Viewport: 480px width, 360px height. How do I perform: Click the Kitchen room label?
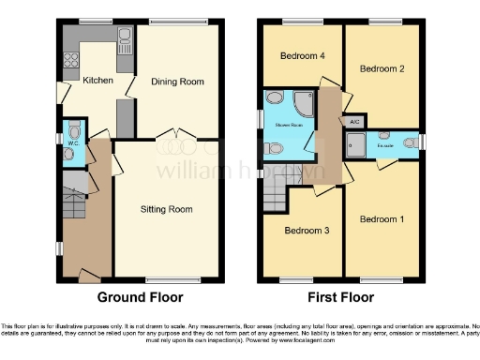pyautogui.click(x=97, y=81)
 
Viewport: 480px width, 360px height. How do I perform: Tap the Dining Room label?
pyautogui.click(x=178, y=82)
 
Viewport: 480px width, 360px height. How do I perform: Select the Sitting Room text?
pyautogui.click(x=167, y=208)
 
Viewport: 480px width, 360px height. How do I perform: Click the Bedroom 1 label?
pyautogui.click(x=382, y=219)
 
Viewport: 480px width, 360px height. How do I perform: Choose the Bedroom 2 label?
pyautogui.click(x=382, y=68)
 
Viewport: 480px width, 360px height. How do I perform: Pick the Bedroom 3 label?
pyautogui.click(x=307, y=230)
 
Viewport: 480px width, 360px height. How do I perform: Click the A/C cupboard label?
pyautogui.click(x=354, y=123)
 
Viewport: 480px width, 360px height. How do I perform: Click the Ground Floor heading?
pyautogui.click(x=141, y=297)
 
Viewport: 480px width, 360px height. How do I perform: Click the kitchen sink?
pyautogui.click(x=124, y=37)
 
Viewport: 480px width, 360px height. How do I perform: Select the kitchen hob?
pyautogui.click(x=69, y=64)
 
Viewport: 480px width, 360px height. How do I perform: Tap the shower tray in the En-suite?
pyautogui.click(x=356, y=142)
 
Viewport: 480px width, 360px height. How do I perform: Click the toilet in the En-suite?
pyautogui.click(x=411, y=142)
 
